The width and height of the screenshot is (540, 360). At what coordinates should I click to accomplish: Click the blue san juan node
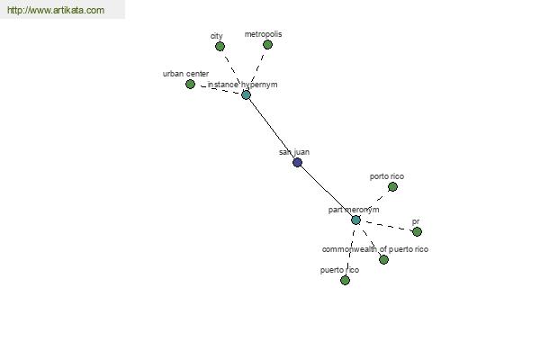(x=297, y=163)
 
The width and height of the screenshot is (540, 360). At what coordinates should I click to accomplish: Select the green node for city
(x=220, y=46)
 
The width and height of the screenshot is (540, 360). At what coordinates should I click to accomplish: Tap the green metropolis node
(x=267, y=44)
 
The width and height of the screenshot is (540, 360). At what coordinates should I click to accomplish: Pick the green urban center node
(x=190, y=84)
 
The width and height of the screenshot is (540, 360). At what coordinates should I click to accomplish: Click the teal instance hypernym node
(x=246, y=95)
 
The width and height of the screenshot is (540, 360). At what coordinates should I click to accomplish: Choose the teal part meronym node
(x=355, y=220)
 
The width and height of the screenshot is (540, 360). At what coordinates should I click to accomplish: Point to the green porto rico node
(x=392, y=186)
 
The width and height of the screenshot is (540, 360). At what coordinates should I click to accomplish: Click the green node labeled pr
(x=417, y=231)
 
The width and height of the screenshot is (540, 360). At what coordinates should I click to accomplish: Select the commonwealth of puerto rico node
(x=383, y=259)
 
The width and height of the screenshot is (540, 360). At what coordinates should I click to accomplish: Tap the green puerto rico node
(x=345, y=281)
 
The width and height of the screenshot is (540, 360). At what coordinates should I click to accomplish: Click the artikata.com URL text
(x=56, y=10)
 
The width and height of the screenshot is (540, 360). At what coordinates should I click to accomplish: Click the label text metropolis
(x=263, y=34)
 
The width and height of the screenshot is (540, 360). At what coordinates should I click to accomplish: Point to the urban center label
(x=185, y=74)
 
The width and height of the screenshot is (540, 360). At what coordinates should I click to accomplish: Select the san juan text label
(x=294, y=152)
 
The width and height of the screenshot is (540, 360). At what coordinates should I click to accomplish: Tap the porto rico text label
(x=387, y=176)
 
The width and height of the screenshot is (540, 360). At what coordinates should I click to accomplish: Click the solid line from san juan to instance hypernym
(x=272, y=129)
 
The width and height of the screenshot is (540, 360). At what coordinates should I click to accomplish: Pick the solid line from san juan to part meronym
(x=327, y=191)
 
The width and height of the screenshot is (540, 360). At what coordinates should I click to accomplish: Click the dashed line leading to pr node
(x=387, y=226)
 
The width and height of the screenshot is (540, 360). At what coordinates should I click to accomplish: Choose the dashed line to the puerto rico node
(x=351, y=251)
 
